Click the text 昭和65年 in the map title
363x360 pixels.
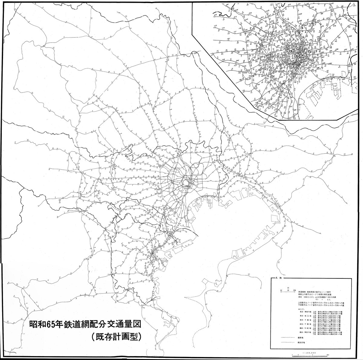46,325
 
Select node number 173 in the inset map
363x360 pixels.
215,26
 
